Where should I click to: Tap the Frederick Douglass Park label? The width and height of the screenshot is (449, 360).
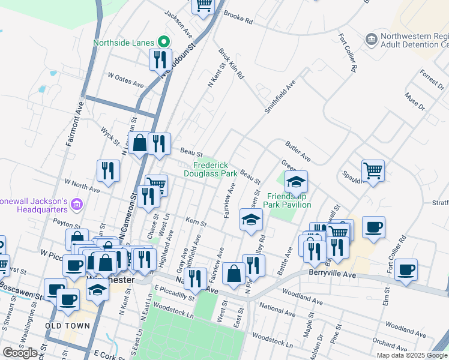tap(214, 169)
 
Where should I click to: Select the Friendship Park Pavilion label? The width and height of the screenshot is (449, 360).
tap(289, 200)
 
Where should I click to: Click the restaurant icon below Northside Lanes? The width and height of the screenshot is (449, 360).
tap(159, 59)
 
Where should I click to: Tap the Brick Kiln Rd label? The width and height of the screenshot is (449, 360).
tap(232, 64)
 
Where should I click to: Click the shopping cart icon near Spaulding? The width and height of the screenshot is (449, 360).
tap(373, 171)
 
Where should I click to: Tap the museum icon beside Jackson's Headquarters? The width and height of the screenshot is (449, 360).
tap(76, 205)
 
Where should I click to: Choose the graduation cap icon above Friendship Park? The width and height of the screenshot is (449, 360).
tap(296, 181)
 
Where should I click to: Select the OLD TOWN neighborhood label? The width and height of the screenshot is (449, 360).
tap(68, 326)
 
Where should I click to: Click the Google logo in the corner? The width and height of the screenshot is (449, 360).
tap(20, 353)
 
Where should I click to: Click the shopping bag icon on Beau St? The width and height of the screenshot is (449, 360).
tap(139, 143)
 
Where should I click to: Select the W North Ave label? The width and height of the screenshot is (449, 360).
tap(82, 185)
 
